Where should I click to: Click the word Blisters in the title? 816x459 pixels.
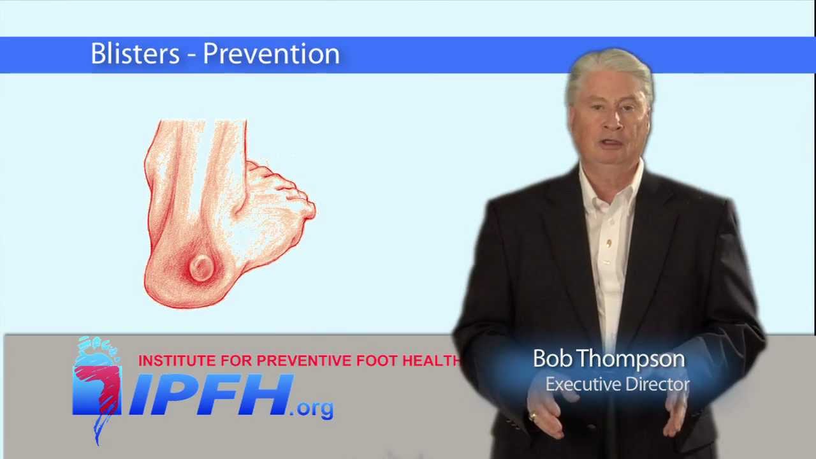135,54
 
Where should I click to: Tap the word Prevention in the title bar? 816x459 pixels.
271,54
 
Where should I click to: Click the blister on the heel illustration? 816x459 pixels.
201,268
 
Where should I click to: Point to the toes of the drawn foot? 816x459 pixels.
287,191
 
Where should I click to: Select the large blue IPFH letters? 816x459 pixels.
210,395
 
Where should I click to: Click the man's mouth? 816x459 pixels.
611,143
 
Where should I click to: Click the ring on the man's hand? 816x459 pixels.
533,417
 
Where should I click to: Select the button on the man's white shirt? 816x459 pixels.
609,243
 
